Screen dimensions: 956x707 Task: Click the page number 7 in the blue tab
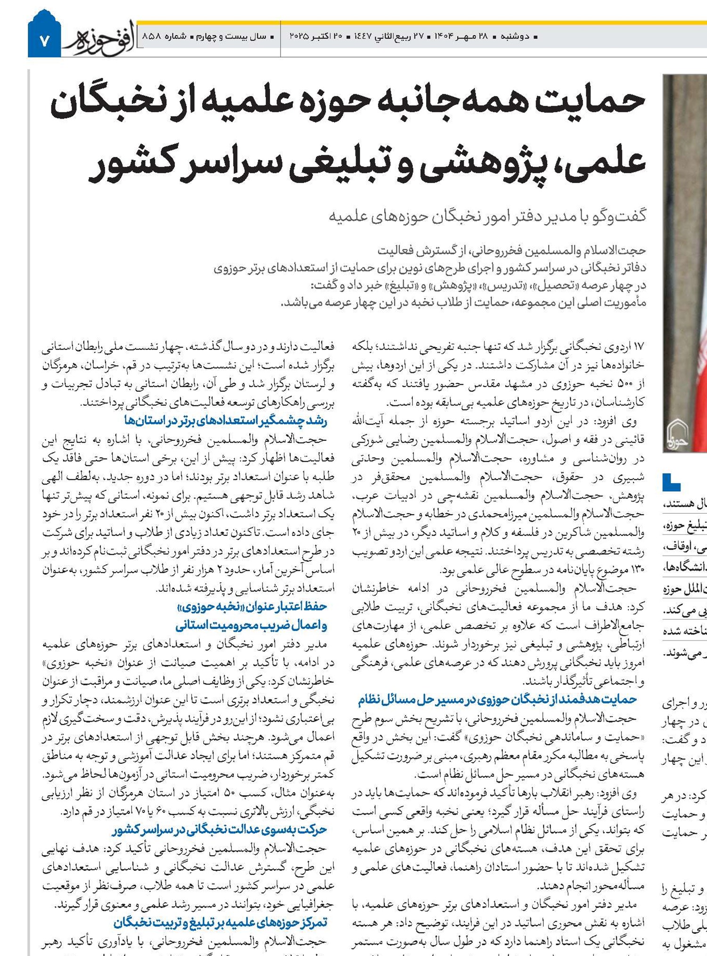[x=44, y=41]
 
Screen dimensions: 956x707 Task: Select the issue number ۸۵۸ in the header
[x=152, y=36]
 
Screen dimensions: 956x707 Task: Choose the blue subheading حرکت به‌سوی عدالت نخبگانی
[x=219, y=829]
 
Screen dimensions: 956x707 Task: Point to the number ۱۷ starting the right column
[x=638, y=347]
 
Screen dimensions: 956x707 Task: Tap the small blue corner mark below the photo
[x=671, y=482]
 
